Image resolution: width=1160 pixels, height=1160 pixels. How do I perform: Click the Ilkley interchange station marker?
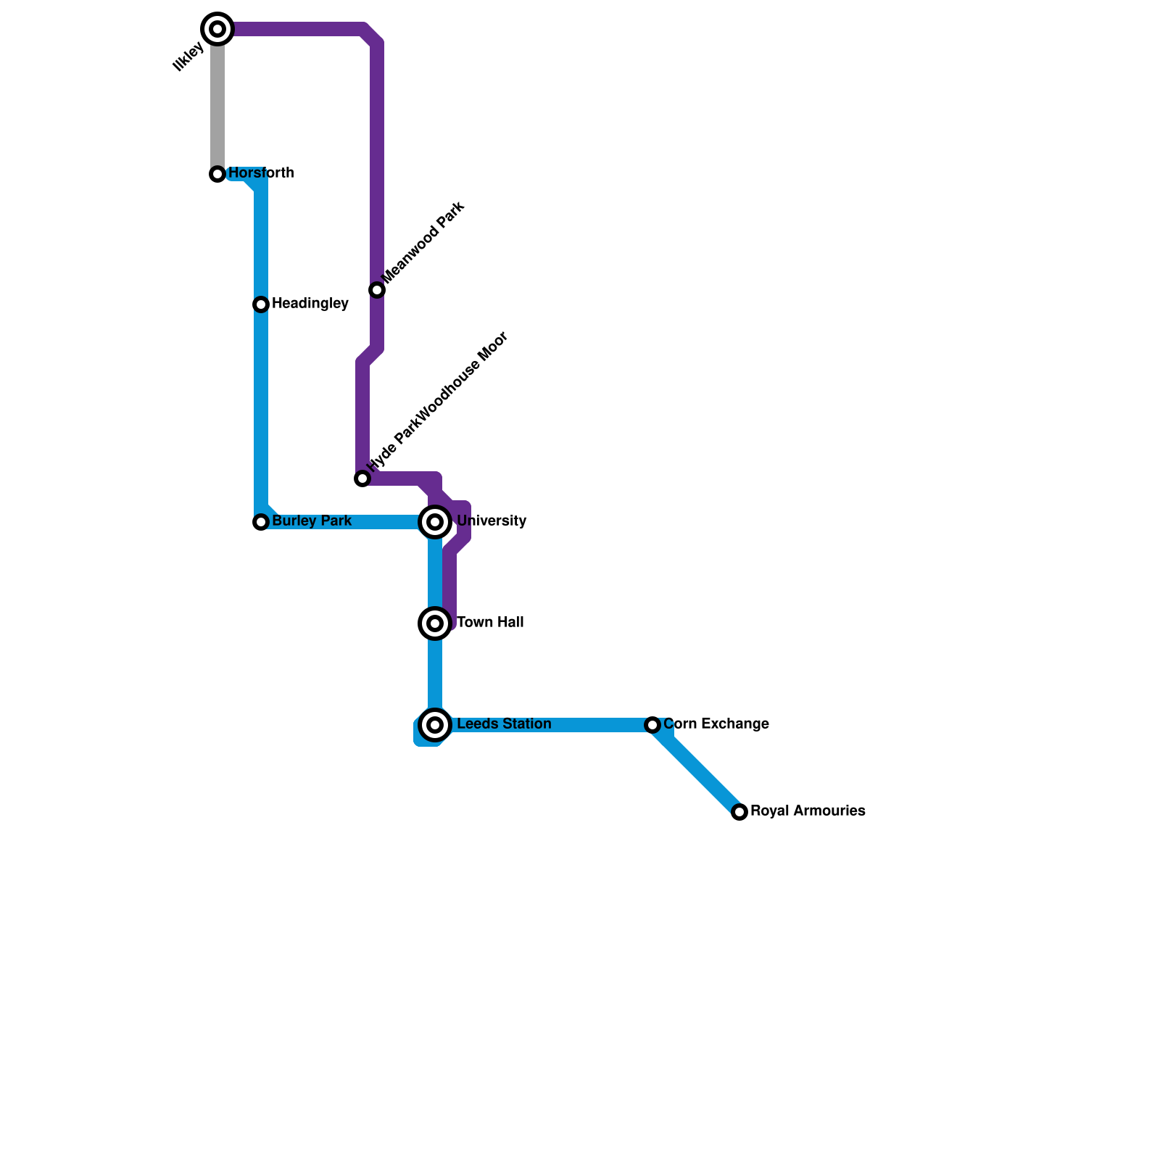(217, 29)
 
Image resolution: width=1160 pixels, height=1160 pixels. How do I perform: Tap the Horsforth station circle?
(217, 174)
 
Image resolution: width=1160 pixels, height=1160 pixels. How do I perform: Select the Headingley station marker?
(261, 304)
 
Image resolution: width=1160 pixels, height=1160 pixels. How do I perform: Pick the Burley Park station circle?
(261, 522)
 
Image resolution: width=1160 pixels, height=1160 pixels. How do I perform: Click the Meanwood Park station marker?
(377, 290)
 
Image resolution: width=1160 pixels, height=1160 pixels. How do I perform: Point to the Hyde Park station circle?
(362, 478)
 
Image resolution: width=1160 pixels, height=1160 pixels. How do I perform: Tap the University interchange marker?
(435, 522)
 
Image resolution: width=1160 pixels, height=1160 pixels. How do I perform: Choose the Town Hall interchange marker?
(435, 623)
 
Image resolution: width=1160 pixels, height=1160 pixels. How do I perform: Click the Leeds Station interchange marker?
(435, 725)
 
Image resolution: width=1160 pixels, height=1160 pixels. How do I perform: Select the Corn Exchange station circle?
(652, 725)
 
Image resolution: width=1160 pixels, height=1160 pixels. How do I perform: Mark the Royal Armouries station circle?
(739, 812)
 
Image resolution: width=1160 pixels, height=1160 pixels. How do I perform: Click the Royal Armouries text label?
(808, 811)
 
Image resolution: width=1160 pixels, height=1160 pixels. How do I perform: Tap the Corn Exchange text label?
(716, 724)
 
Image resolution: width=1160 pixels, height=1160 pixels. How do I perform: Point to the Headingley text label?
(310, 304)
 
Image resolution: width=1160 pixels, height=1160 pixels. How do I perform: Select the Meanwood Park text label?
(423, 242)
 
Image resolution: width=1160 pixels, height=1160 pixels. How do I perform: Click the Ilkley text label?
(188, 57)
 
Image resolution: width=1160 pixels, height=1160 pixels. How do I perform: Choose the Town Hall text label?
(490, 623)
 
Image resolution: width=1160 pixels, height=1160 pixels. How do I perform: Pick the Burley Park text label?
(312, 521)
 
